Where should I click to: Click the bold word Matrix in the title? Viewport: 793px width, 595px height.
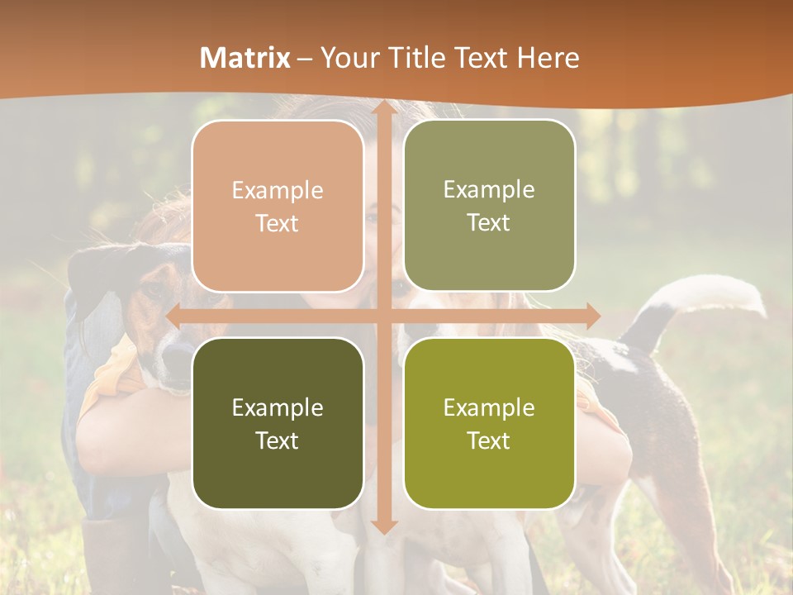coord(245,58)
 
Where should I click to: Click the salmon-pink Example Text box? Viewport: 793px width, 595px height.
coord(278,207)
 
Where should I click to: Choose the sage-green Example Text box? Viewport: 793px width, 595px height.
coord(489,206)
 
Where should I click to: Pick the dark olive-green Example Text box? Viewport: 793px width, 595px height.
coord(278,423)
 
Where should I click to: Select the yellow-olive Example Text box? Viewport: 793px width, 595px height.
coord(489,423)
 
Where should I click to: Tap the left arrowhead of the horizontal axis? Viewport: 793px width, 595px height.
coord(174,316)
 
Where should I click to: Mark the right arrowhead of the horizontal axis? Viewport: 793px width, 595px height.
coord(592,316)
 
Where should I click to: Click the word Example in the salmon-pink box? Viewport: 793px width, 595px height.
coord(278,191)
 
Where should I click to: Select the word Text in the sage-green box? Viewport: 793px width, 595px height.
coord(489,223)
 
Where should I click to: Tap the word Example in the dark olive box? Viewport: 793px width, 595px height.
coord(278,407)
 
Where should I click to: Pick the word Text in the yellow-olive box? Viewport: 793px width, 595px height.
coord(489,440)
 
